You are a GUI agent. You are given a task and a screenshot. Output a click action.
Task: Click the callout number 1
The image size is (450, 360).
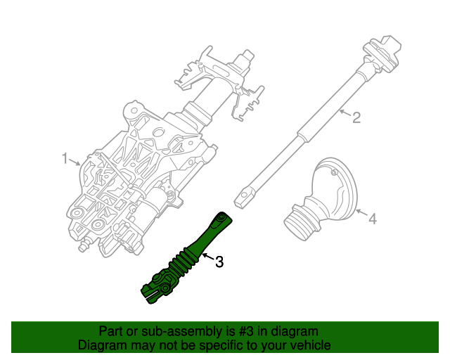(64, 159)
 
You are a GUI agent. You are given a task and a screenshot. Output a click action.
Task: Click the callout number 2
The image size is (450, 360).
(356, 117)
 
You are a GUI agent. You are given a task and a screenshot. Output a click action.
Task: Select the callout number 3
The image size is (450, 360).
(219, 262)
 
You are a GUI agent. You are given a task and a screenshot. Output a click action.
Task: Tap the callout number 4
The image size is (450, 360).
(373, 219)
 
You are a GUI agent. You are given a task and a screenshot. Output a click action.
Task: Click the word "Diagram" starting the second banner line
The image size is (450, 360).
(102, 345)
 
